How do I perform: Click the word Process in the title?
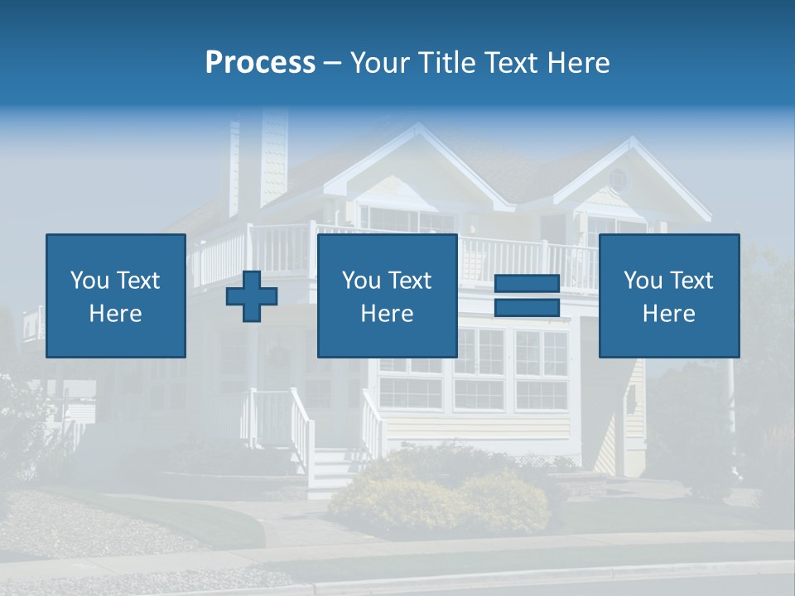[260, 63]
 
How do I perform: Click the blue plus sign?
[252, 296]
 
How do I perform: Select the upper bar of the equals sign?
[527, 284]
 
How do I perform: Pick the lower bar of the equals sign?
[527, 307]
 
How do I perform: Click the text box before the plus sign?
[115, 296]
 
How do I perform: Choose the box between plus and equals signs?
[387, 296]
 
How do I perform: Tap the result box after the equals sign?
[668, 296]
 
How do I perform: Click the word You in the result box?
[643, 281]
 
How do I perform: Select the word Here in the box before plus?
[115, 313]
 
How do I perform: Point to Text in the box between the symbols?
[410, 281]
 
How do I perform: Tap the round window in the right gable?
[617, 180]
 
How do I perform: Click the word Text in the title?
[511, 63]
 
